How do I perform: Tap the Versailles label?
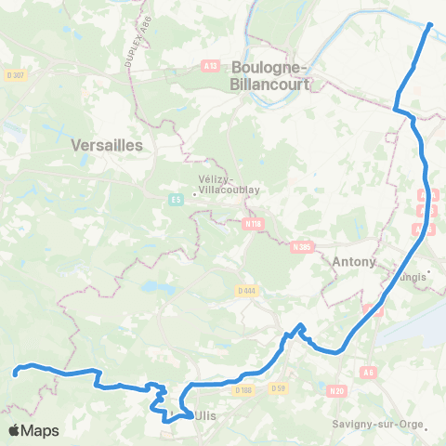(x=106, y=145)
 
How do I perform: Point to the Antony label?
(x=354, y=262)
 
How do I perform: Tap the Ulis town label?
(x=203, y=416)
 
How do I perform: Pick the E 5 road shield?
(x=175, y=198)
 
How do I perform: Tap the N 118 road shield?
(x=251, y=223)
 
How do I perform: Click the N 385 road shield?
(x=299, y=246)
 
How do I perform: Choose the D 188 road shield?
(x=243, y=390)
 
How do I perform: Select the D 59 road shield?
(x=276, y=388)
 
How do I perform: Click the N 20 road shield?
(x=336, y=391)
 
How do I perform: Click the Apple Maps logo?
(x=33, y=430)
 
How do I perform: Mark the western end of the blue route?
(x=16, y=374)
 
